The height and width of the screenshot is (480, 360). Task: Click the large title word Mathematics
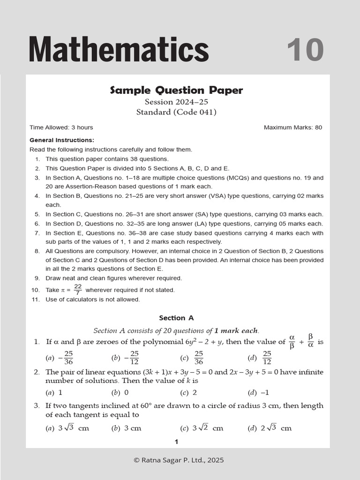coord(119,49)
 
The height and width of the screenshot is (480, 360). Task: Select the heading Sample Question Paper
coord(177,90)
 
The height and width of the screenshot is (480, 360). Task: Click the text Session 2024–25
coord(176,102)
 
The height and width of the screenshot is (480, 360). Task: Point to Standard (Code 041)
coord(176,112)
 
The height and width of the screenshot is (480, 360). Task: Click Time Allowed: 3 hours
coord(61,127)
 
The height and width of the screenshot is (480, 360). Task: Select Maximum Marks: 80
coord(292,127)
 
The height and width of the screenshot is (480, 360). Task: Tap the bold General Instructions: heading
coord(62,140)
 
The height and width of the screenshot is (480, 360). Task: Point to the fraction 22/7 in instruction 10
coord(78,290)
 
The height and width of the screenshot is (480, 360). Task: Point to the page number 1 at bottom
coord(177,442)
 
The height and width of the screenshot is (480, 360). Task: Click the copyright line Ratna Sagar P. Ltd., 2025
coord(179,460)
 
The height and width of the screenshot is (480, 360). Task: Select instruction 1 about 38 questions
coord(107,159)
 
